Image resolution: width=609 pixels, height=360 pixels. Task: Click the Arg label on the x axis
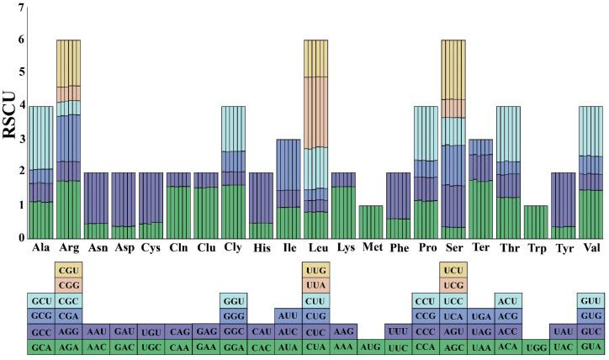pyautogui.click(x=68, y=249)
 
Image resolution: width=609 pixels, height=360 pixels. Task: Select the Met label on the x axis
pyautogui.click(x=370, y=249)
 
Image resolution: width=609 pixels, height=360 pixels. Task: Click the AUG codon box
pyautogui.click(x=370, y=346)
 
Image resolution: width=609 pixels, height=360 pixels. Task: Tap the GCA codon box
pyautogui.click(x=40, y=346)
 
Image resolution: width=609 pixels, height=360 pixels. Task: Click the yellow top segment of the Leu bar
pyautogui.click(x=315, y=58)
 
